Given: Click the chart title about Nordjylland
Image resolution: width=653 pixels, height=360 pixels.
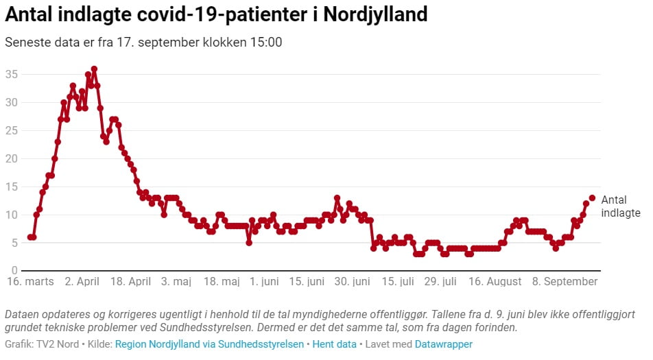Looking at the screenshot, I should point(216,14).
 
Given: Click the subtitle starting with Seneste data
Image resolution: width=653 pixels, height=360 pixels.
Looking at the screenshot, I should point(143,42).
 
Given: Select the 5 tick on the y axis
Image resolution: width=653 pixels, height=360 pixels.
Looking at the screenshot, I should point(14,243).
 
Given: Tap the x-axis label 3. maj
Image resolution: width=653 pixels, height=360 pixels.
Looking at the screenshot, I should point(176,282).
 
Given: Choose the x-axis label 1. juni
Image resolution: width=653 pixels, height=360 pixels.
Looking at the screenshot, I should point(264,282).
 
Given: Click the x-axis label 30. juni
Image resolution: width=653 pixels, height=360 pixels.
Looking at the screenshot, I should point(352,282).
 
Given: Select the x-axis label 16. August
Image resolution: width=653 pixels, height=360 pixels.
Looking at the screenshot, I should point(494,282).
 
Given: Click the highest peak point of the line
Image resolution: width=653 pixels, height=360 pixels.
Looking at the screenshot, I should point(94,69).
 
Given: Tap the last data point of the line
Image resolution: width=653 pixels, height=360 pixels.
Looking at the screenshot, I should point(592,197).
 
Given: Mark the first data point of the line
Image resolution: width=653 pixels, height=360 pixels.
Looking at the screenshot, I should point(30,237).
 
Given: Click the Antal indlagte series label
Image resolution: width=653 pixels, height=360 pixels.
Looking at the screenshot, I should point(620,206).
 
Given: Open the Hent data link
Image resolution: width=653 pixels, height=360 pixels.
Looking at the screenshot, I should point(334,344).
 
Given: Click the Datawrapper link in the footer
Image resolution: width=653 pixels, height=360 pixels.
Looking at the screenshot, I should point(443,344).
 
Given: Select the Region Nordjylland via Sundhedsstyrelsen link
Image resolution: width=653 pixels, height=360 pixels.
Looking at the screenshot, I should point(209,344).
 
